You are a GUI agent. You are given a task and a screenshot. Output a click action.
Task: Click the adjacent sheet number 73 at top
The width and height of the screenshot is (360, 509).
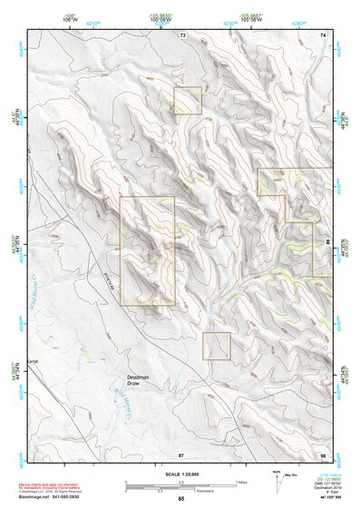tap(182, 34)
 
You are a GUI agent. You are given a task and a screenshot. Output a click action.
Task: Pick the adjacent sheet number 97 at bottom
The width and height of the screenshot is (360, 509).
tap(181, 454)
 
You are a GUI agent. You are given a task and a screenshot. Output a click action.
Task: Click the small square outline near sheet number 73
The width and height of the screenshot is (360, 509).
tap(188, 101)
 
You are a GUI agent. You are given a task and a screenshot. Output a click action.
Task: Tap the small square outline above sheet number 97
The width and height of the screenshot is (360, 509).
tap(217, 346)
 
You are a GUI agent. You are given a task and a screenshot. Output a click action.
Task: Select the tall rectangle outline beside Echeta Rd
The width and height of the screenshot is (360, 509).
tap(147, 250)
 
